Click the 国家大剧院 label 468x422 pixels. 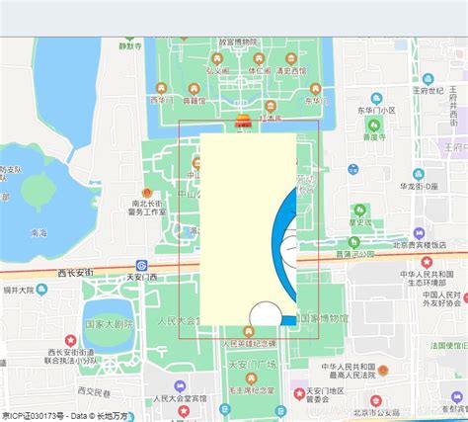tap(109, 323)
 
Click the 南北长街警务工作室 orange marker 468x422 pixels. tap(146, 193)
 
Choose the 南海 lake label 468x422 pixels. tap(39, 233)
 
